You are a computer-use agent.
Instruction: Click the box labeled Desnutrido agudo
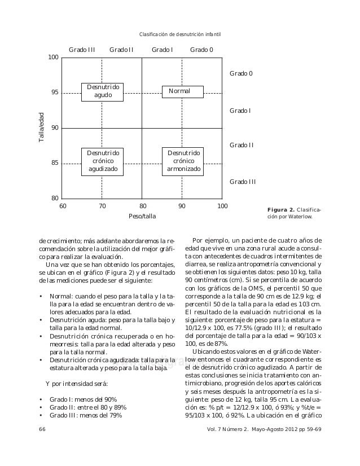click(x=103, y=91)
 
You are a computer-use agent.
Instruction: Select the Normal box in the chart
click(x=182, y=91)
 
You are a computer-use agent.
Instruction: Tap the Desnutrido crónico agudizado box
click(x=103, y=161)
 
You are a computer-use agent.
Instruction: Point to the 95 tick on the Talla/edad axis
click(x=55, y=93)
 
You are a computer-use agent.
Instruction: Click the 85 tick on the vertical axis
click(x=55, y=164)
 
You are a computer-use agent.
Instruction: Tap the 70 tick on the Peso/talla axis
click(x=102, y=206)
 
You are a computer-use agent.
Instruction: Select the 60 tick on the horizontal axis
click(x=63, y=206)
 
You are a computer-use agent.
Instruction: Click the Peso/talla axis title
click(x=142, y=216)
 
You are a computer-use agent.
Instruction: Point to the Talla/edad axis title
click(x=42, y=128)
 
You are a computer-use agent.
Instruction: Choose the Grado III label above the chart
click(x=82, y=50)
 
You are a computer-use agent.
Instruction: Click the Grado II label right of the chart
click(x=242, y=146)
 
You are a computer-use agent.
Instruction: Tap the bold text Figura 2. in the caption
click(x=280, y=209)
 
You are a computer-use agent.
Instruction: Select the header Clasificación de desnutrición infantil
click(x=180, y=36)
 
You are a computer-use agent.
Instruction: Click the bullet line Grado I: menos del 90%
click(x=83, y=399)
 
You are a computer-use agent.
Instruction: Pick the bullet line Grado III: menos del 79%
click(x=85, y=415)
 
